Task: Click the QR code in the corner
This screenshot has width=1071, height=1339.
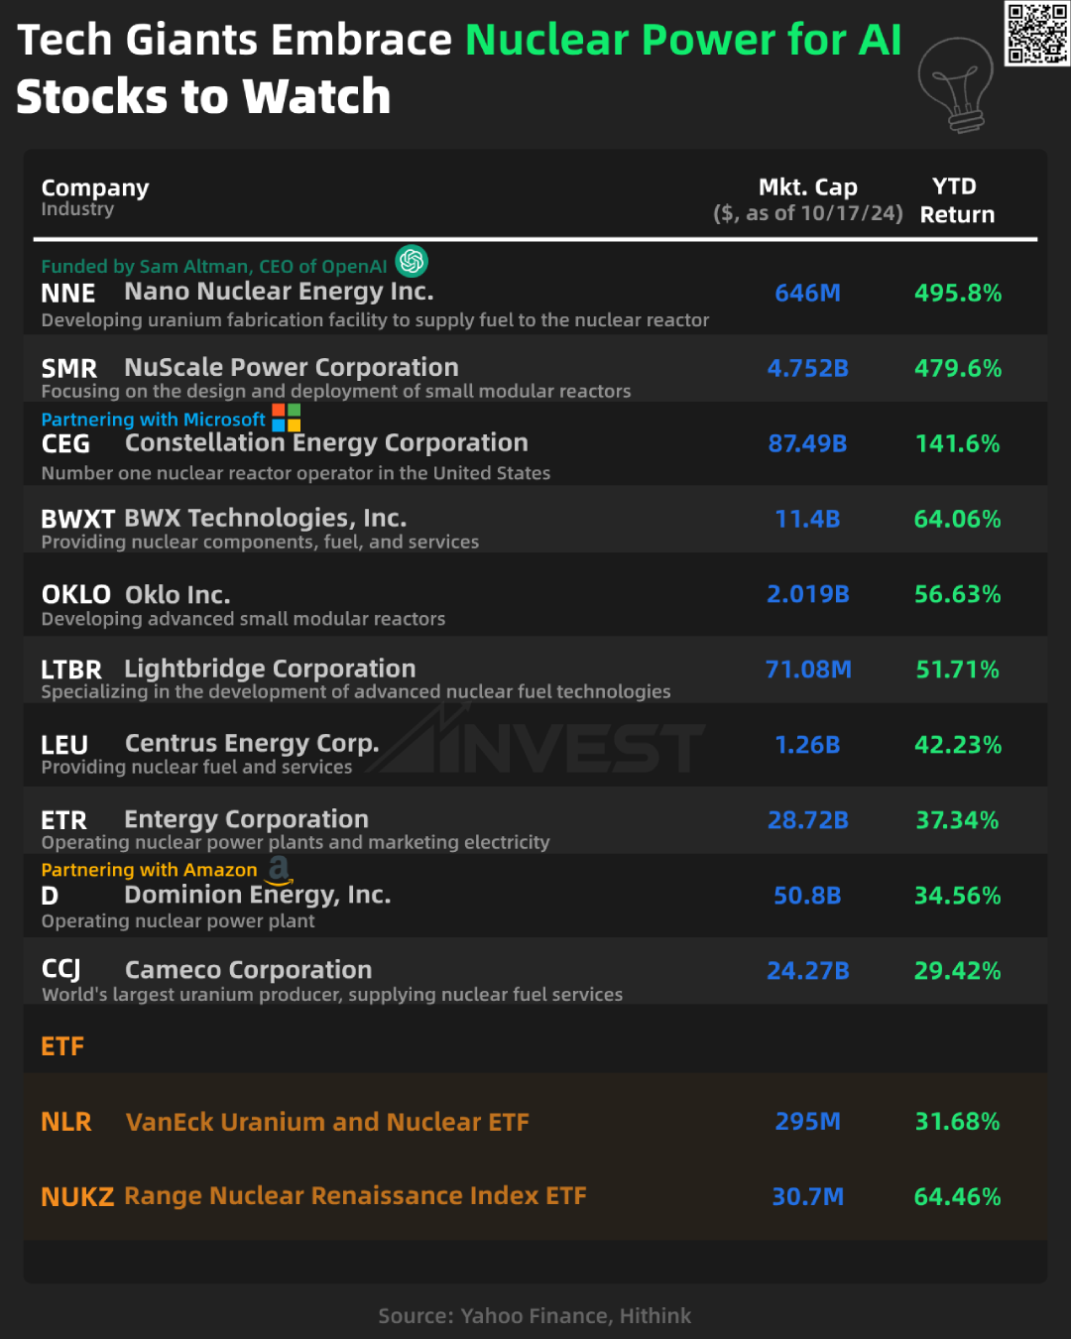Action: (1037, 33)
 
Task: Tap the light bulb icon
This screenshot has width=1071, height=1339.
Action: (956, 84)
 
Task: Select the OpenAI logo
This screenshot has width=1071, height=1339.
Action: (412, 261)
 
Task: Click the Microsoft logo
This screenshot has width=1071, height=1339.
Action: (287, 418)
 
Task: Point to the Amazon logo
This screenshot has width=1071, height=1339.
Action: (280, 869)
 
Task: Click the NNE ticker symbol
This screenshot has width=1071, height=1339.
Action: (68, 294)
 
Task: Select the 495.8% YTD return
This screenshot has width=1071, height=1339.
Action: (958, 294)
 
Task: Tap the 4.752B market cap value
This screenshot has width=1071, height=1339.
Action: (808, 369)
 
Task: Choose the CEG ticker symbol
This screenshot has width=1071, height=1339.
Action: (65, 444)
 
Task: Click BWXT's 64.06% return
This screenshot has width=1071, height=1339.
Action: (958, 520)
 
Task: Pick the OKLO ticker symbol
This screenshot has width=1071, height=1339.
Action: (76, 595)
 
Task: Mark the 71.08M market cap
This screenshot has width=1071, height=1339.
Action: (808, 670)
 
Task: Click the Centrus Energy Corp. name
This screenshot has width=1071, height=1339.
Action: (252, 744)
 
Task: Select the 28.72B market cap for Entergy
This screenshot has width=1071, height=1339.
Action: (808, 821)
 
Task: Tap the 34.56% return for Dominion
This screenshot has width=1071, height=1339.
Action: (958, 897)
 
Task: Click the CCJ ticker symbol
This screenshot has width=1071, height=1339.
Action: (61, 970)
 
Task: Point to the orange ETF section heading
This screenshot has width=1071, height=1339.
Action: (62, 1046)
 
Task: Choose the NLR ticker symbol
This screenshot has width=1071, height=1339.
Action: (66, 1122)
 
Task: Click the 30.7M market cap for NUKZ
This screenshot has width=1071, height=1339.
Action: (808, 1197)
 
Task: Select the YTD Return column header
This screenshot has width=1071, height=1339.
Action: (957, 200)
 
